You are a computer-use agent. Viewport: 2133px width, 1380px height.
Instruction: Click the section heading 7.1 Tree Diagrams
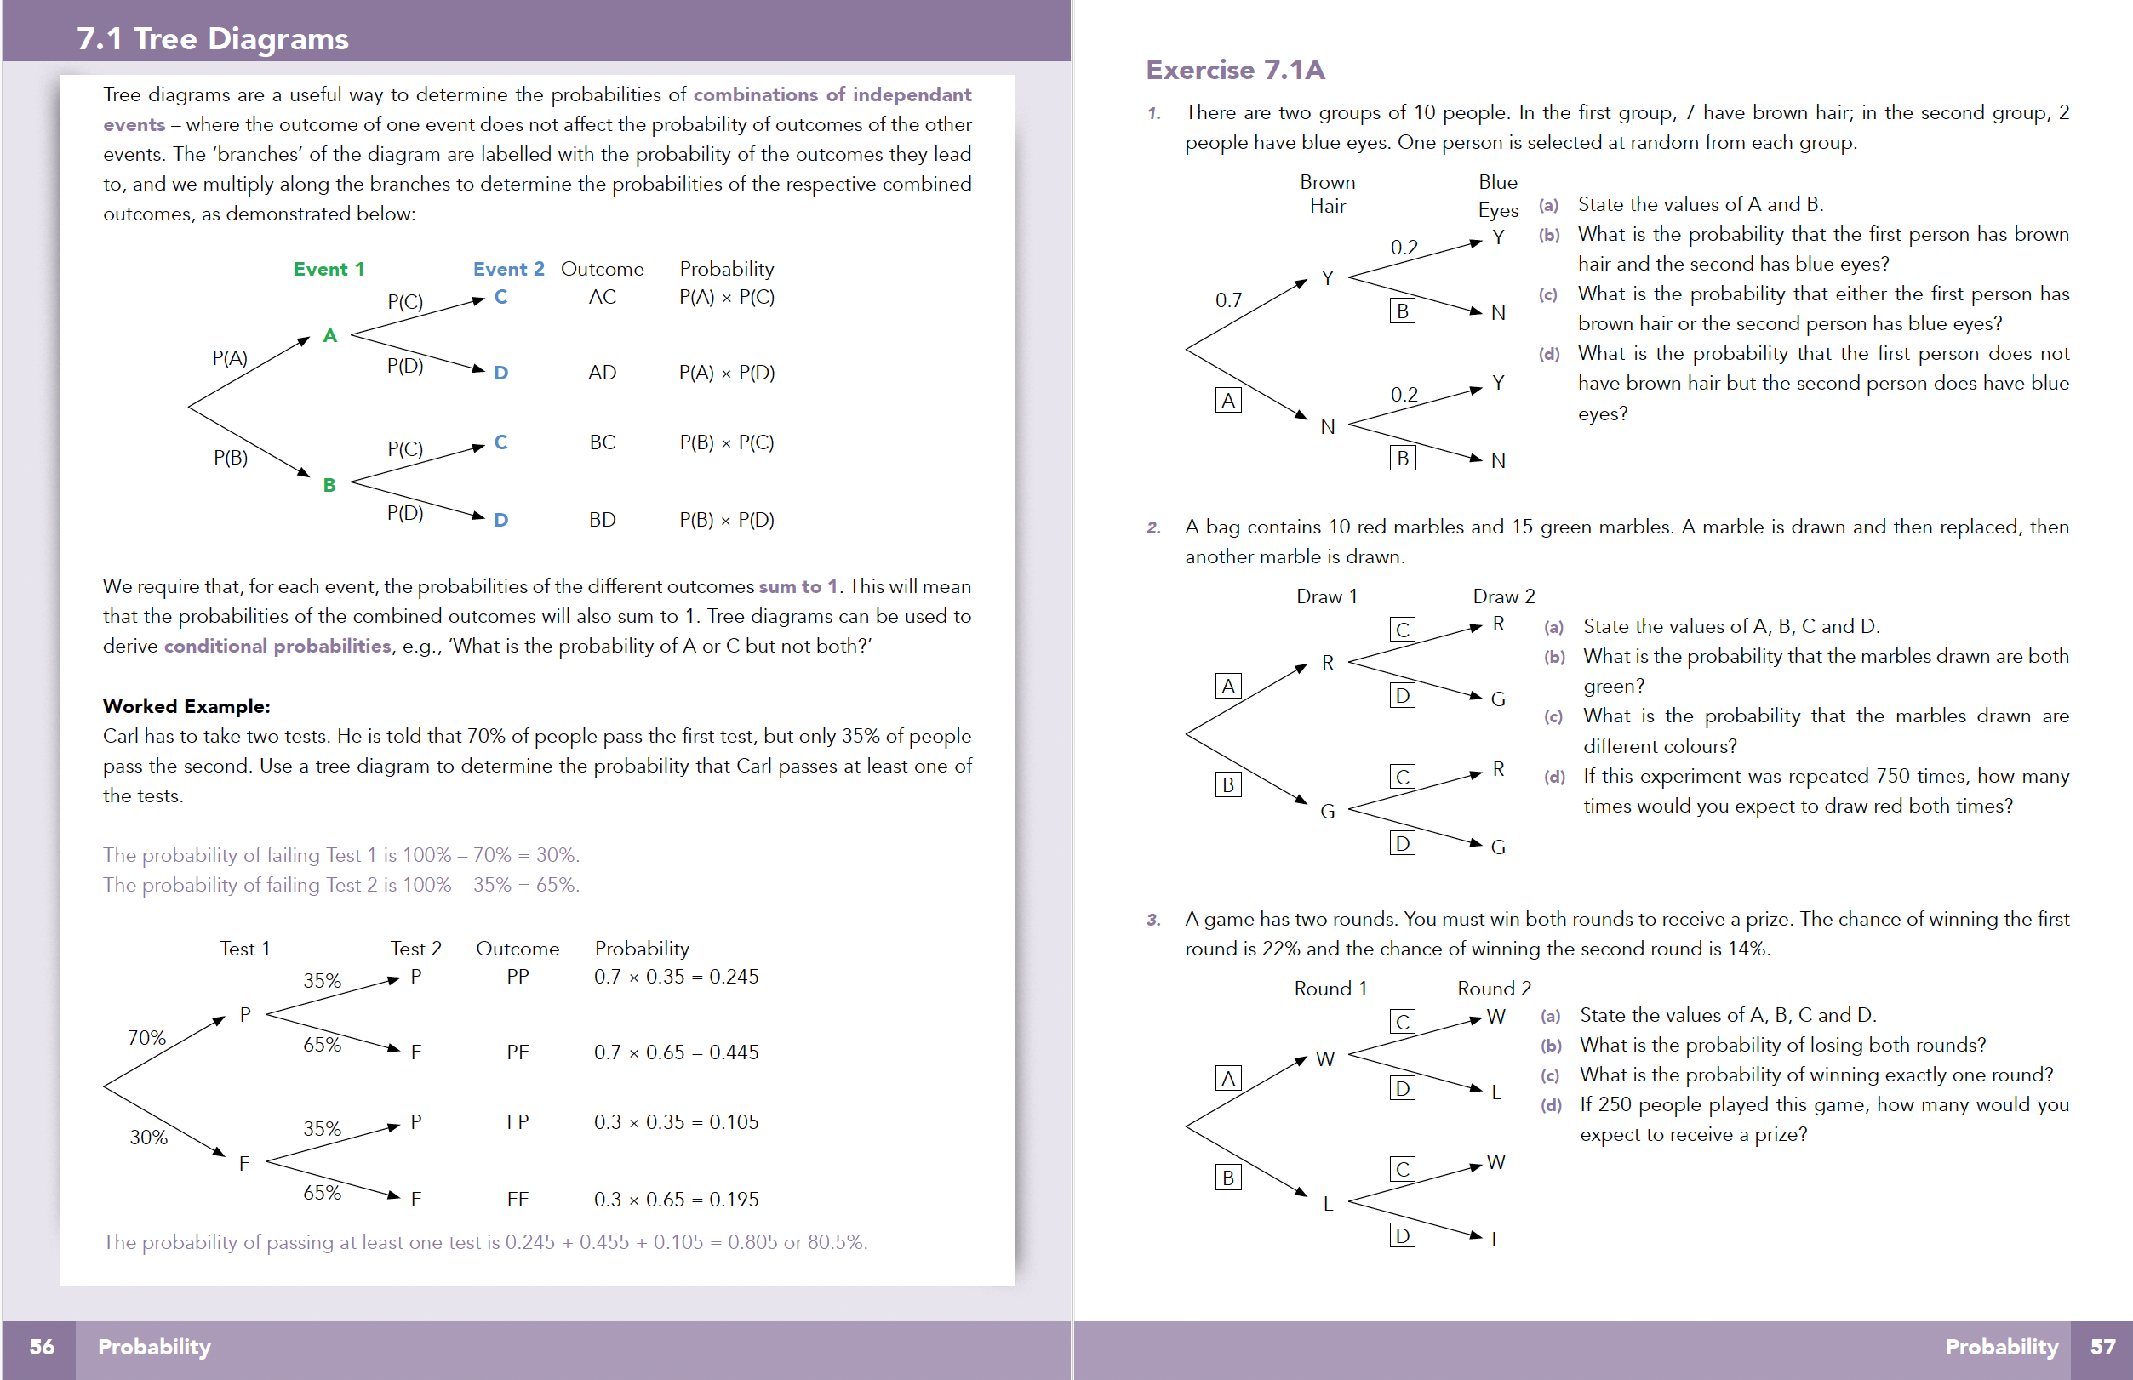point(213,38)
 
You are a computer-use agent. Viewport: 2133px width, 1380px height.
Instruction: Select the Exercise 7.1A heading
point(1234,70)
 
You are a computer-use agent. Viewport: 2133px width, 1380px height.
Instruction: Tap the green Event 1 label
point(328,269)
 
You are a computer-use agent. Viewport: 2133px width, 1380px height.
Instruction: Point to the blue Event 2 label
point(508,269)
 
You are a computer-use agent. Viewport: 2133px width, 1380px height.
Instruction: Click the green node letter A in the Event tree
point(329,336)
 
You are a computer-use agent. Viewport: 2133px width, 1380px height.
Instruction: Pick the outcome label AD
point(602,373)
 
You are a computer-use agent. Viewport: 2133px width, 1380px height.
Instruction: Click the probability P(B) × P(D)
point(726,520)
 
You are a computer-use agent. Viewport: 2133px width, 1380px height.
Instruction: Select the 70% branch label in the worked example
point(147,1038)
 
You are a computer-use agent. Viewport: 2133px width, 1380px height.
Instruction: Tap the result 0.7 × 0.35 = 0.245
point(676,977)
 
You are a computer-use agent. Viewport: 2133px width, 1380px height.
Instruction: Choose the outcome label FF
point(518,1199)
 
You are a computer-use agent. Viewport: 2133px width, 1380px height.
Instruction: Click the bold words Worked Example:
point(186,706)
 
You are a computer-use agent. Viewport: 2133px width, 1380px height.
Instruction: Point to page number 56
point(41,1347)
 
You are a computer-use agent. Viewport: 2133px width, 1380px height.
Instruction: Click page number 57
point(2102,1347)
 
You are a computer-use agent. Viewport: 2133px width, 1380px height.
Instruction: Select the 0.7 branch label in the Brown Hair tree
point(1228,300)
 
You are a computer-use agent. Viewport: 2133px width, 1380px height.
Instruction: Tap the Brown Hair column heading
point(1327,194)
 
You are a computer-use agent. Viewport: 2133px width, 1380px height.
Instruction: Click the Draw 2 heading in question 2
point(1503,596)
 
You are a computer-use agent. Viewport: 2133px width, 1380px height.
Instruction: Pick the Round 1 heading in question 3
point(1330,989)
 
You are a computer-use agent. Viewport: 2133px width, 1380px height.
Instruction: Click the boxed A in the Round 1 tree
point(1228,1078)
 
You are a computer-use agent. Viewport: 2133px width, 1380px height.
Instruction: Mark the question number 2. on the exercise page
point(1153,527)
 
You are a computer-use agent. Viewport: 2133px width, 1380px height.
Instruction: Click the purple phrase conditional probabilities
point(277,646)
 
